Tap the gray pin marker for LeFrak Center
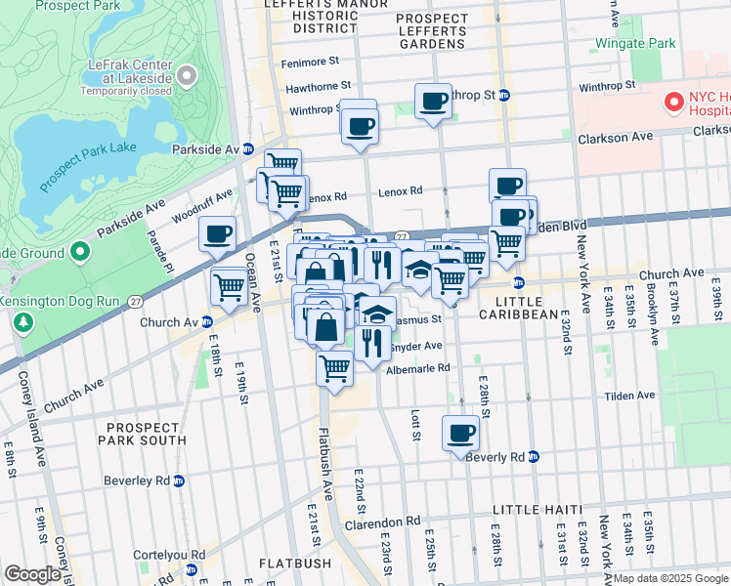tap(186, 76)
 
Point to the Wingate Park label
tap(639, 44)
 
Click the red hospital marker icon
tap(673, 102)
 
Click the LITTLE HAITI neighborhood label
tap(537, 510)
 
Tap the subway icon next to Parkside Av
tap(248, 149)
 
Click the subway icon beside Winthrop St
tap(504, 95)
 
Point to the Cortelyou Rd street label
tap(172, 554)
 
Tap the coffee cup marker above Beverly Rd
tap(460, 433)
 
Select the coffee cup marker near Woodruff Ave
tap(217, 234)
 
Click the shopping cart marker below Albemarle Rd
tap(334, 369)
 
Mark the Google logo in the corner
tap(32, 573)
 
